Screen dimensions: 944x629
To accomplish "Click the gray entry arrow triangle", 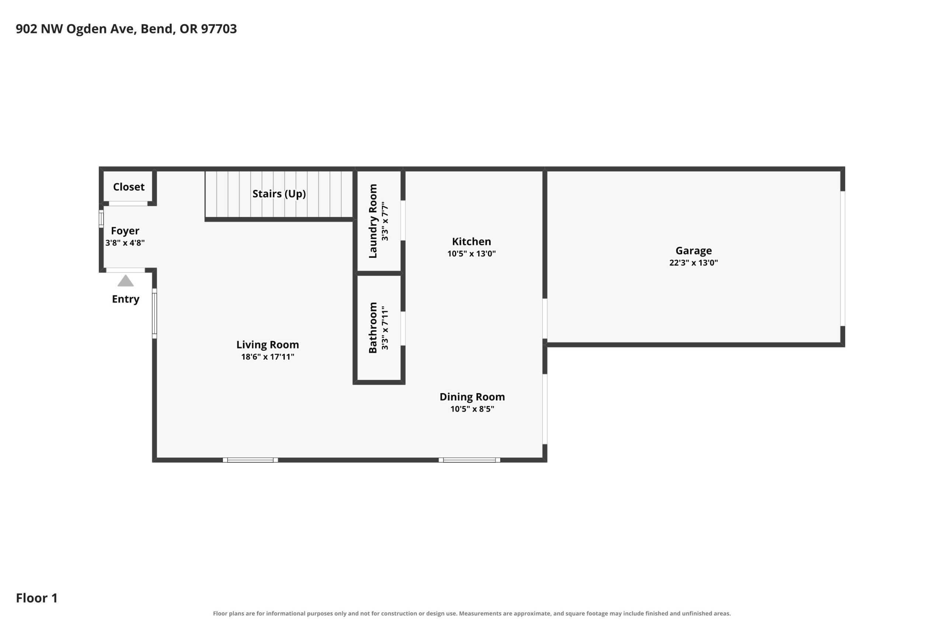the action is (x=126, y=281).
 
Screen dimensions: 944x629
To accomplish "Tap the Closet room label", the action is (x=128, y=187).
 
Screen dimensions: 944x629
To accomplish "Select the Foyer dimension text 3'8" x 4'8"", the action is (x=125, y=243).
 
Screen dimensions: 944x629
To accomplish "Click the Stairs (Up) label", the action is (x=279, y=194).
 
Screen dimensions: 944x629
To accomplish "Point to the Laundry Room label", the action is (x=373, y=221).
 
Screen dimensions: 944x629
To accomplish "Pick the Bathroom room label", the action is (x=373, y=328).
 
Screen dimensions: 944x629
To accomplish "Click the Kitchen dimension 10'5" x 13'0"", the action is (x=472, y=254).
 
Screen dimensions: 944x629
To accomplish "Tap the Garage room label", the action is (x=694, y=251).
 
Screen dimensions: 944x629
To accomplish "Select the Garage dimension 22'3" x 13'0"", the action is (x=694, y=263).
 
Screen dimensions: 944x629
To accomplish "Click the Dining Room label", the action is (x=472, y=397).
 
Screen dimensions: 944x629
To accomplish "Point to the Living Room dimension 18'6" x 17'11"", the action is (x=268, y=357).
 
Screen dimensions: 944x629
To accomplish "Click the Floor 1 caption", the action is (x=37, y=598).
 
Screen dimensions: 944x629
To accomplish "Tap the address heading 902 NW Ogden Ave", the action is (x=76, y=29).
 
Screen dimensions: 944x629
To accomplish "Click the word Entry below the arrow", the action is (x=126, y=299).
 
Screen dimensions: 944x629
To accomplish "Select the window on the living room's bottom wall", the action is (x=250, y=460).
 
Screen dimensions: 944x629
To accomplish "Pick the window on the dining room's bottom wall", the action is (x=469, y=460).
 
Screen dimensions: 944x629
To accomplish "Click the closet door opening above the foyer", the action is (x=128, y=204).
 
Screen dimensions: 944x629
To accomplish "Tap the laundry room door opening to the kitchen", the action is (x=403, y=221).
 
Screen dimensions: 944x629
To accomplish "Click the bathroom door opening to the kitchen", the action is (x=403, y=329).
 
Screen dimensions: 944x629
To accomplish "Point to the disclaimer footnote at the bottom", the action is (x=472, y=614).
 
